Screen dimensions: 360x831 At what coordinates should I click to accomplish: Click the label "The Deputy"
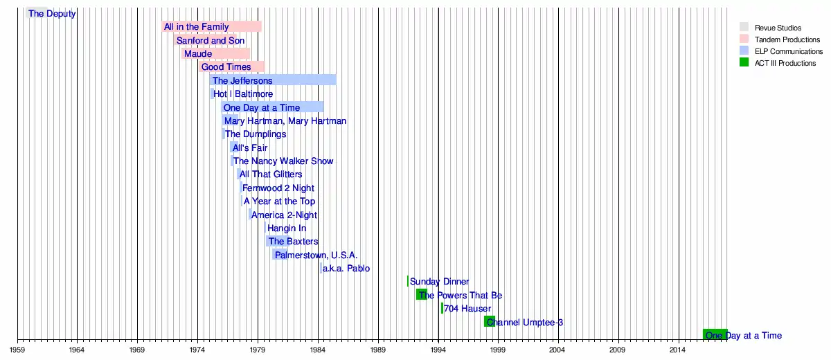(x=52, y=14)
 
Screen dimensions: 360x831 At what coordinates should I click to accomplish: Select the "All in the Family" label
(x=196, y=27)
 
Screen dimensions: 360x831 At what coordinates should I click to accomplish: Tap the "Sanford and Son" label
(x=210, y=41)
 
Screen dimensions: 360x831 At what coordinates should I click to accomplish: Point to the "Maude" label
(x=198, y=54)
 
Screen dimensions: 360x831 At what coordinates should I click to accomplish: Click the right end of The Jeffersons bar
(x=335, y=80)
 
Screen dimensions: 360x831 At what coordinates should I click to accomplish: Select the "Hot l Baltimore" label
(x=243, y=94)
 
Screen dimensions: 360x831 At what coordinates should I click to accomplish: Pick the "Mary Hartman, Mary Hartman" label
(x=285, y=121)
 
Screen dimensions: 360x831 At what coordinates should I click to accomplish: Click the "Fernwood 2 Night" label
(x=278, y=188)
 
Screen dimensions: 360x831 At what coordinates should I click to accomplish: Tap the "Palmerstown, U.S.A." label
(x=316, y=255)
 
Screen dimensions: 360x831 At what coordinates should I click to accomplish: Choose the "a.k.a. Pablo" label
(x=346, y=269)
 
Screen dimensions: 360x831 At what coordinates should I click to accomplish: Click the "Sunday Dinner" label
(x=439, y=282)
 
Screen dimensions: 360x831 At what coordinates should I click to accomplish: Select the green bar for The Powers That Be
(x=421, y=295)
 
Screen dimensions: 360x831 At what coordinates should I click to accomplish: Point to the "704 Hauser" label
(x=467, y=309)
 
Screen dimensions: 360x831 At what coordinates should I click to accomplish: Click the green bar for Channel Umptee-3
(x=489, y=322)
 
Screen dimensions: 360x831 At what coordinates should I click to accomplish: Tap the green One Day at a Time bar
(x=715, y=335)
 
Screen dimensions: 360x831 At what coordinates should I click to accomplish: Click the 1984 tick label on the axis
(x=318, y=350)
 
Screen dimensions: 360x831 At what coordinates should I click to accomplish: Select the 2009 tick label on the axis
(x=618, y=350)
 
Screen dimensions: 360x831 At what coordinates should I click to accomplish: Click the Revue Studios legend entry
(x=778, y=28)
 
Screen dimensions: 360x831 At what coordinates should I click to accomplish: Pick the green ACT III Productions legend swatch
(x=744, y=63)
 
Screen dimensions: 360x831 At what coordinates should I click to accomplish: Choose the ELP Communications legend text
(x=789, y=52)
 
